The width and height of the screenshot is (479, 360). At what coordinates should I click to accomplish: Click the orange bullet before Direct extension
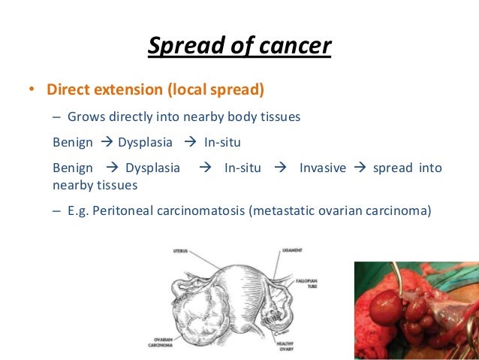tap(32, 91)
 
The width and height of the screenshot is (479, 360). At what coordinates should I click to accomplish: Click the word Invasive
tap(322, 168)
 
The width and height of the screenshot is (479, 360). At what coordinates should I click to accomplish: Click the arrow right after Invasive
tap(358, 168)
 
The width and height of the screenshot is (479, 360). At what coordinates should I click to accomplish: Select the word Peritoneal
tap(123, 210)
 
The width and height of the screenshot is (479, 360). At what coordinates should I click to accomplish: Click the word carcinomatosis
tap(199, 210)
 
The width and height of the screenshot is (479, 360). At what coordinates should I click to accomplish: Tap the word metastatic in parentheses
tap(285, 210)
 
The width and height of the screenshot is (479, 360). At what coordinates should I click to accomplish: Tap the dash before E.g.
tap(57, 210)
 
